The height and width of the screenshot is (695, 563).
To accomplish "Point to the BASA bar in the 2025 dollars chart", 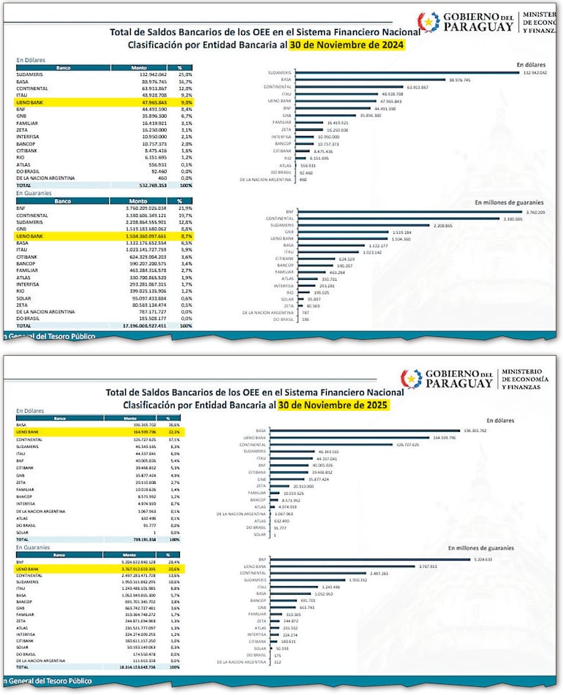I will pyautogui.click(x=365, y=431).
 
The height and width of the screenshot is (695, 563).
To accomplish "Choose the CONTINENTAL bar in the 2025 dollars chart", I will pyautogui.click(x=333, y=444).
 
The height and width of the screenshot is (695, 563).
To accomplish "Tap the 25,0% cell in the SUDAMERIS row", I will pyautogui.click(x=185, y=75).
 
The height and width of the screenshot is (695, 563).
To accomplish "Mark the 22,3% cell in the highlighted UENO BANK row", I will pyautogui.click(x=173, y=433).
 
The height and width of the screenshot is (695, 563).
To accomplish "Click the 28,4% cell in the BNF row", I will pyautogui.click(x=174, y=561).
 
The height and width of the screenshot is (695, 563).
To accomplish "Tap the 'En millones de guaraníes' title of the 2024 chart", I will pyautogui.click(x=509, y=202).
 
